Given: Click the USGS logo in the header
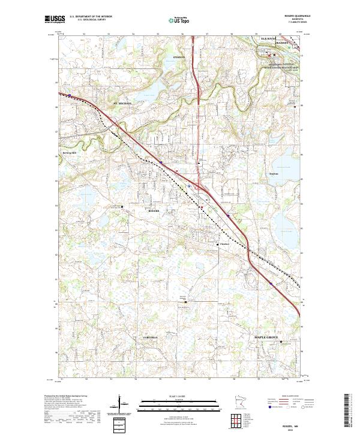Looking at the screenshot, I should point(55,20).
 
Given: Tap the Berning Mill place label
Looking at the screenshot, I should point(70,153).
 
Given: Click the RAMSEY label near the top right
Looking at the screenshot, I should point(283,44).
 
